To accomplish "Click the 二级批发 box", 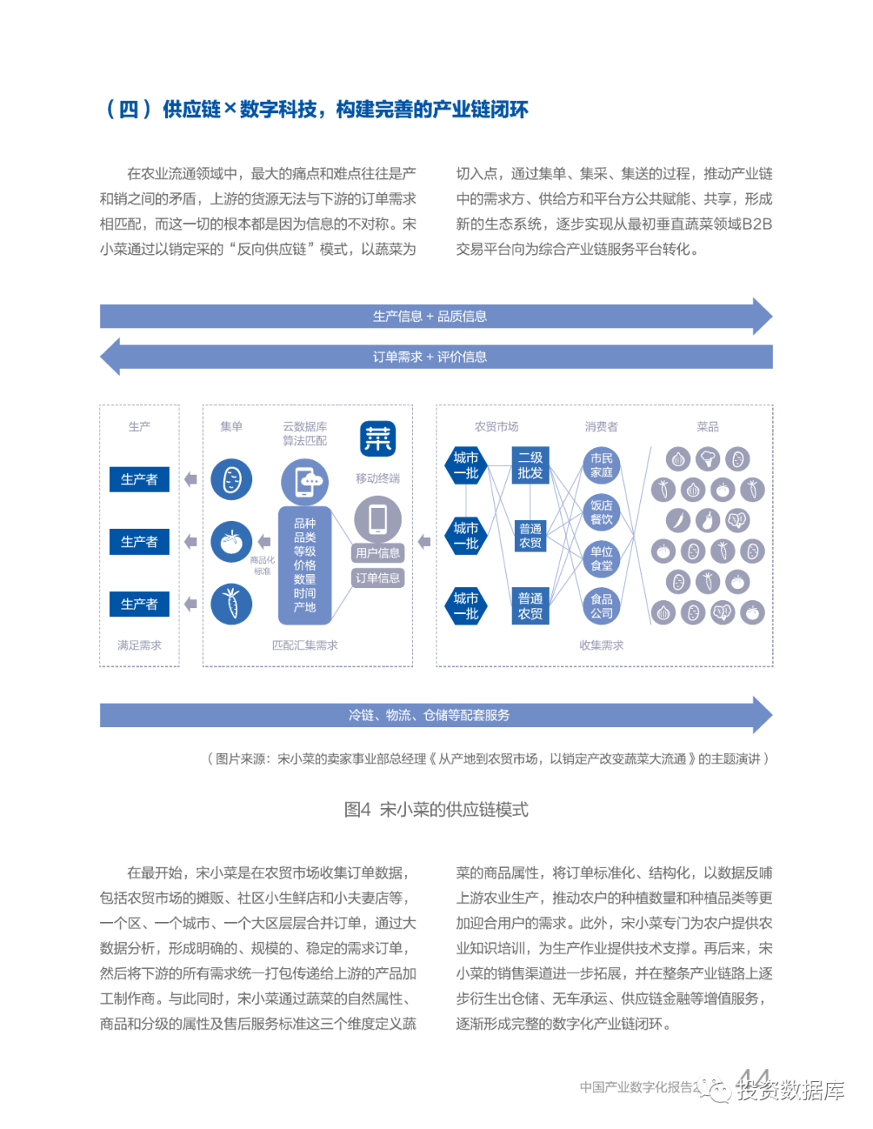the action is point(530,465).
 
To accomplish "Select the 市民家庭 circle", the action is point(601,465).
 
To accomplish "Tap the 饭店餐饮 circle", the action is point(601,512).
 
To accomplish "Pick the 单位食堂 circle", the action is point(601,559).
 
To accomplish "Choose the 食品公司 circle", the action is point(601,606).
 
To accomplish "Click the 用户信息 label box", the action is point(377,553).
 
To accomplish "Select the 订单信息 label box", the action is point(377,577).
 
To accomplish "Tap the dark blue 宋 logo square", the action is point(377,439).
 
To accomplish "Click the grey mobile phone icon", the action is point(377,518).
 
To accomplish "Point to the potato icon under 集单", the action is point(231,480).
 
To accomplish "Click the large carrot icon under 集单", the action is point(231,604).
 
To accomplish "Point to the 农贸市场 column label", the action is point(496,426).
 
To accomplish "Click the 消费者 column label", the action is point(601,426).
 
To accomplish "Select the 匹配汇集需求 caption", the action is point(305,645).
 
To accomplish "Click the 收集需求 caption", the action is point(601,645).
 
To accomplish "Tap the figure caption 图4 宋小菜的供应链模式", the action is point(436,810).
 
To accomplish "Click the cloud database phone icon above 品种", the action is point(305,481).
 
